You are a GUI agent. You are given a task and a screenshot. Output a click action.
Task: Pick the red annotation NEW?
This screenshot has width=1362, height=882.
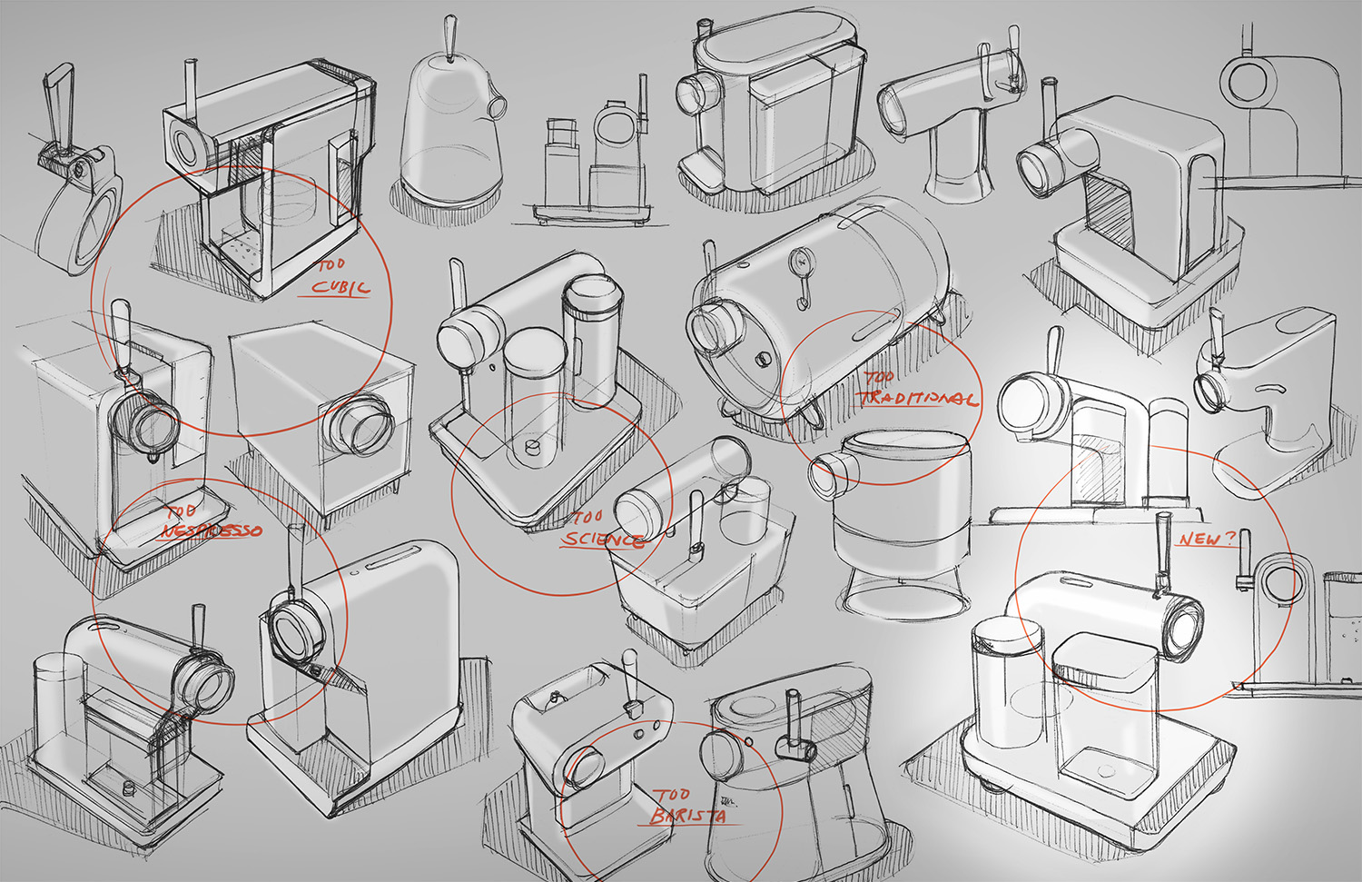click(x=1207, y=539)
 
